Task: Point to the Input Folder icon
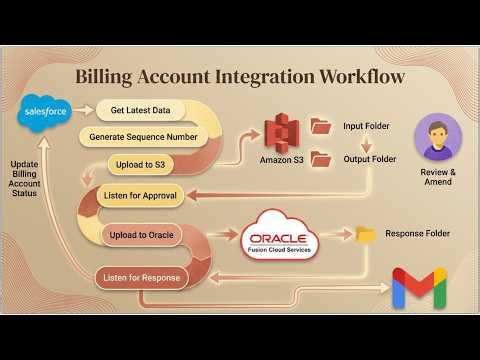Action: [320, 126]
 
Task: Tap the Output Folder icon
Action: [320, 159]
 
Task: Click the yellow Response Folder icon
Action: [366, 234]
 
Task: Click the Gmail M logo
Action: [418, 287]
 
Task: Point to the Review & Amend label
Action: [437, 178]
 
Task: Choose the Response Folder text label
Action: [417, 234]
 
